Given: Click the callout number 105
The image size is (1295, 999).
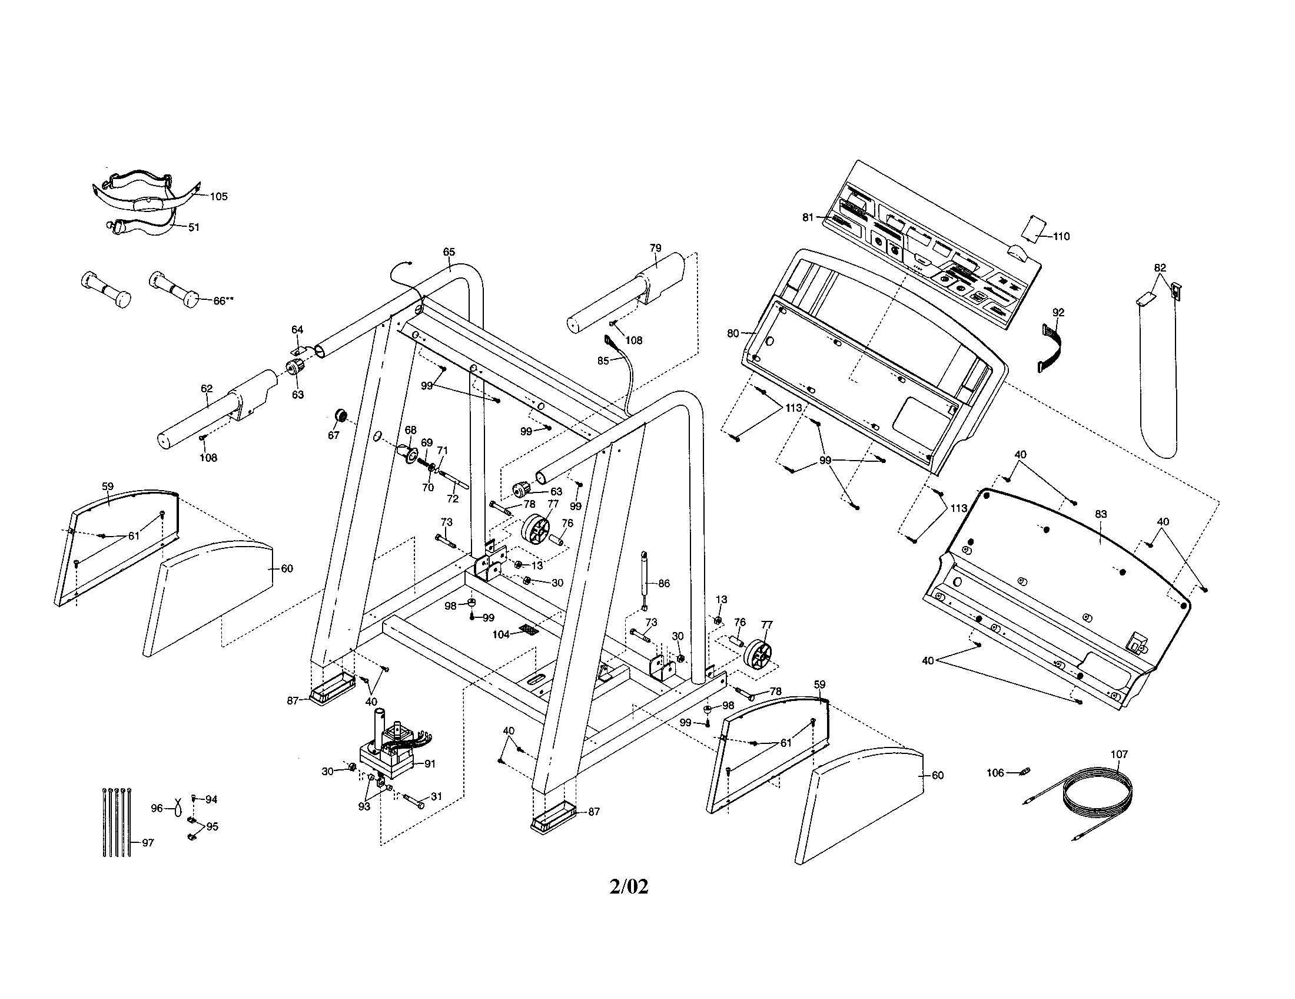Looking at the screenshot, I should [x=218, y=196].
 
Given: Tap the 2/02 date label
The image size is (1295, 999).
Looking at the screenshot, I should [x=629, y=887].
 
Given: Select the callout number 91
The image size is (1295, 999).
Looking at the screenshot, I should [x=429, y=763].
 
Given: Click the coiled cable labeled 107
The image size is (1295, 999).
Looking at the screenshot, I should [x=1097, y=796].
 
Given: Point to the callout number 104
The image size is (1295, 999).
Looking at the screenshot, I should [x=500, y=634].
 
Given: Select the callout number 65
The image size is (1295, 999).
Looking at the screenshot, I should [x=449, y=252].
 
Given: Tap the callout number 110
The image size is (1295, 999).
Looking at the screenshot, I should [x=1061, y=236].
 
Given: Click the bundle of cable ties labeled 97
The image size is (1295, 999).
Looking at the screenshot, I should [x=115, y=822].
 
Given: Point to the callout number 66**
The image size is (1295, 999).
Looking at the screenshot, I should [x=223, y=301].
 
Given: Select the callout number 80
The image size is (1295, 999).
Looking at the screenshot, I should [x=733, y=333].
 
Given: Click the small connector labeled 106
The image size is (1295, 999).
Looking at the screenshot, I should [x=1024, y=772].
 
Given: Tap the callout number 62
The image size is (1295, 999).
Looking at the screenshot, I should [x=207, y=389].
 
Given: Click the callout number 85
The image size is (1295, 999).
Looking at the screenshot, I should [x=603, y=360].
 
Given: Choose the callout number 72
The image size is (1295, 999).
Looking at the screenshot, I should [x=453, y=499].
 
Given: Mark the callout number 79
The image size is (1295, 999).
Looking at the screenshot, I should [x=655, y=247].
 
